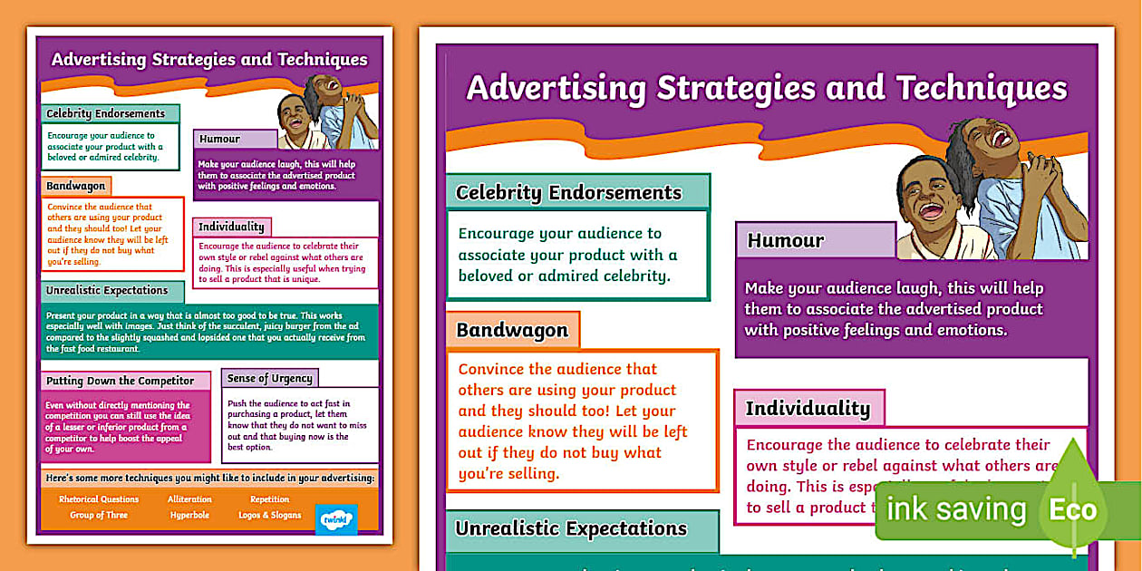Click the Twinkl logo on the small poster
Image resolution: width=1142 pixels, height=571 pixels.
pos(336,519)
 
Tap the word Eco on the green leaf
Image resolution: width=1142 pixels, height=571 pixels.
pos(1072,509)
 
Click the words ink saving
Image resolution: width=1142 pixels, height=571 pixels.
pos(956,509)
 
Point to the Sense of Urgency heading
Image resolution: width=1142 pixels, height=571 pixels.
pos(269,378)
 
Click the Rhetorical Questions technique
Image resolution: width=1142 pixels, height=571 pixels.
pos(99,499)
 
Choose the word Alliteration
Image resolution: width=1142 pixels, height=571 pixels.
pos(189,499)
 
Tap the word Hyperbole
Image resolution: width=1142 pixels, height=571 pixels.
pos(189,515)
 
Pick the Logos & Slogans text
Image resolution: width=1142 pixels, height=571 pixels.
pos(269,515)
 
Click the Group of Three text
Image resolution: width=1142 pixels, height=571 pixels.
pos(99,515)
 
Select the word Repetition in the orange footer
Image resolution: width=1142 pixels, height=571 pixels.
pos(269,499)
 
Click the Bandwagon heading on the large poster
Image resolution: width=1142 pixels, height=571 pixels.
pos(512,330)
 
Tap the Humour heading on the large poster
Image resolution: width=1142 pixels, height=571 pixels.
pos(785,240)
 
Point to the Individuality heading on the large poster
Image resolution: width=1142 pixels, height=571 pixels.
pos(808,409)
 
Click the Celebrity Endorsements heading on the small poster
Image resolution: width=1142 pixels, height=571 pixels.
pos(106,113)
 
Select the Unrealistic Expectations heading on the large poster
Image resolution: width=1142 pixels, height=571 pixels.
pos(571,528)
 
